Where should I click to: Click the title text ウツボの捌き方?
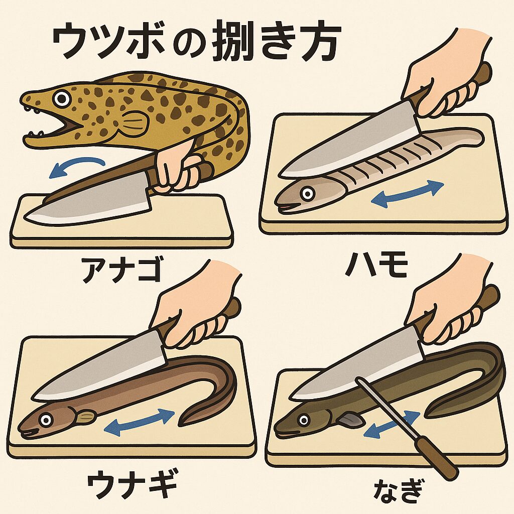tap(196, 45)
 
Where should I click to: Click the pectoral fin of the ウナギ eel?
tap(86, 416)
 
